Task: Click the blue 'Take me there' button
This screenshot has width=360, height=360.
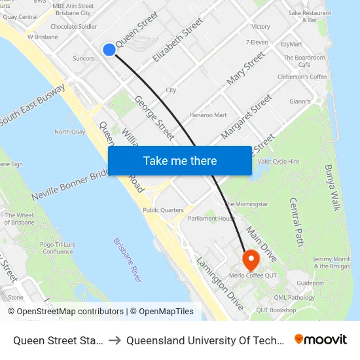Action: [180, 160]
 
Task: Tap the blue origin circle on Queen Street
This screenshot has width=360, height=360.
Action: [109, 50]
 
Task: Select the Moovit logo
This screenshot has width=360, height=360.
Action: [321, 340]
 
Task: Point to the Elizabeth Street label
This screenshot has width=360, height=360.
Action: [177, 41]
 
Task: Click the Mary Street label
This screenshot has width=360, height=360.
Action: [245, 68]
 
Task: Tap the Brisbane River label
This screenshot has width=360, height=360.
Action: [127, 260]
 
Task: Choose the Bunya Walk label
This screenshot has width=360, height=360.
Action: [333, 187]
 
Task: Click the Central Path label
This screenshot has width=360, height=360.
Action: [297, 219]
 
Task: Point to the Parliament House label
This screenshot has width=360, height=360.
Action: [211, 219]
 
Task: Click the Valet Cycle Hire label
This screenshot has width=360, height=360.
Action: [279, 161]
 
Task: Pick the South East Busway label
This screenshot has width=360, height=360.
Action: [33, 104]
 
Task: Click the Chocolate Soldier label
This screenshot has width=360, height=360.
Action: [73, 27]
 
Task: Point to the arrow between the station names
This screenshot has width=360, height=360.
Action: [114, 340]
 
